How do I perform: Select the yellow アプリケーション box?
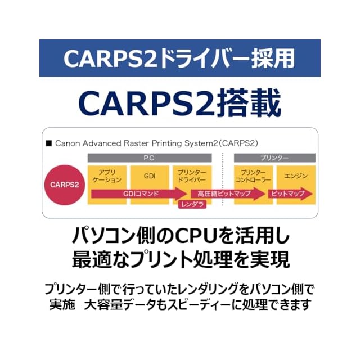point(106,176)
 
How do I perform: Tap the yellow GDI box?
point(150,176)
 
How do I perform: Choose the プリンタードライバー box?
point(193,176)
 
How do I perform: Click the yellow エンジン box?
point(296,176)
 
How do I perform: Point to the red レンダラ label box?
point(192,205)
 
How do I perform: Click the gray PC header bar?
point(149,158)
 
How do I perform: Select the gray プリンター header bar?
point(274,158)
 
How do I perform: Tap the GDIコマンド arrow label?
point(141,193)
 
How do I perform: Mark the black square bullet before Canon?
point(49,143)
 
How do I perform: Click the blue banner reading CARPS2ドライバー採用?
point(180,58)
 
